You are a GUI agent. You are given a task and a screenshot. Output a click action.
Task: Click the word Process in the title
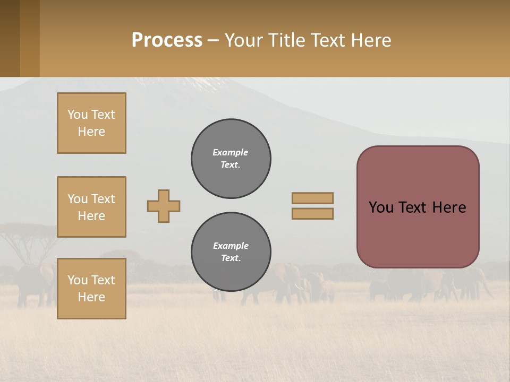pos(167,40)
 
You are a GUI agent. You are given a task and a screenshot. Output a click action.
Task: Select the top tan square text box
pos(91,123)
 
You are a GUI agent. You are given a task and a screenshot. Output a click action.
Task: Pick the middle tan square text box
pos(91,207)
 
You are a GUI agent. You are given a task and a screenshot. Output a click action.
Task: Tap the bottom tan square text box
pos(91,289)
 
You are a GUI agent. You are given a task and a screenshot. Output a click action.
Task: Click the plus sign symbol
pos(164,206)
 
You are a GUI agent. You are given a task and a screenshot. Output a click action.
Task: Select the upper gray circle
pos(231,158)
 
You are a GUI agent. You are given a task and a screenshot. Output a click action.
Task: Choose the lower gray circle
pos(231,251)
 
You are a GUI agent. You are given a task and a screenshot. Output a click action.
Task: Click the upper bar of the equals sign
pos(313,198)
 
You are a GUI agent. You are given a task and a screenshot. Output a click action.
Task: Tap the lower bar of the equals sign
pos(313,213)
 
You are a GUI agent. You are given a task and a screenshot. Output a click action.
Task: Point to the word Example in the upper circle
pos(231,152)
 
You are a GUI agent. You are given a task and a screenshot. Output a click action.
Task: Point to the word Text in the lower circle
pos(230,258)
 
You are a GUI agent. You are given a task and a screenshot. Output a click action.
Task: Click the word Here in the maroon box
pos(449,207)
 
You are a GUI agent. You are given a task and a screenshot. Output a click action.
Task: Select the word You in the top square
pos(78,115)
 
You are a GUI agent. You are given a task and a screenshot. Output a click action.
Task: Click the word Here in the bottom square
pos(91,297)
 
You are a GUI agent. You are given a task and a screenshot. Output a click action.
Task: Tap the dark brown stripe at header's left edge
pos(10,38)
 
